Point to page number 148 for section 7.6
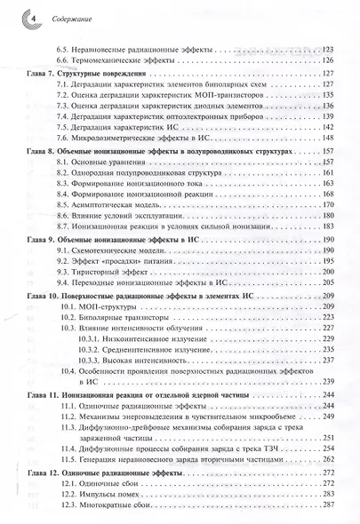pos(330,138)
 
